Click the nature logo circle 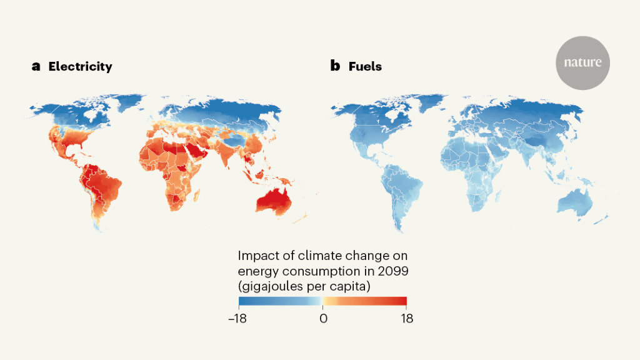582,62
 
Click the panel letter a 36,66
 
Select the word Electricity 81,66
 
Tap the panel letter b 335,66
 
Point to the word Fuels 365,66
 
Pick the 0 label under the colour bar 323,318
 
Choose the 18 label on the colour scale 406,318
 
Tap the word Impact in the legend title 256,256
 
